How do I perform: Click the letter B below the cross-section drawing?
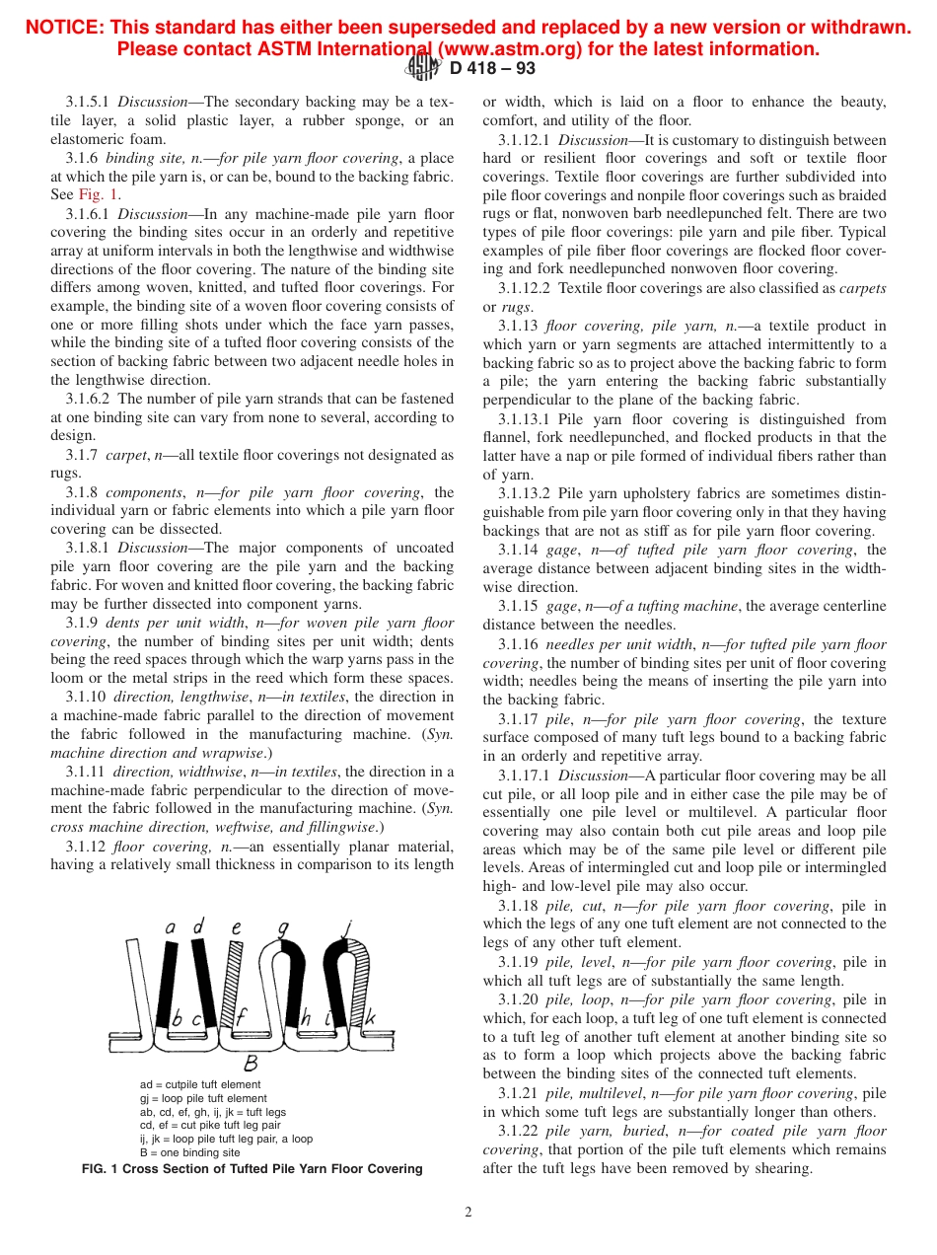251,1064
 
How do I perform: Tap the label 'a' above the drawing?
170,926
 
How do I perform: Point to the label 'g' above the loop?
283,927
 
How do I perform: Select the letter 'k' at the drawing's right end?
370,1017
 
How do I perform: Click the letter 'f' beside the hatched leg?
241,1017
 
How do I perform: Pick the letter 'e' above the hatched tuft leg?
236,927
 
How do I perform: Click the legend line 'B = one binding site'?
189,1152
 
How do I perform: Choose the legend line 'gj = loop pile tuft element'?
203,1098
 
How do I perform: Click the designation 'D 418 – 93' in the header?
493,69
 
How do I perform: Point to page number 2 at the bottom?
468,1213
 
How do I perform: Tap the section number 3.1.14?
518,551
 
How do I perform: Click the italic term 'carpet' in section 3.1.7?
126,455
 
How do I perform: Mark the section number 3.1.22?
518,1132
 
